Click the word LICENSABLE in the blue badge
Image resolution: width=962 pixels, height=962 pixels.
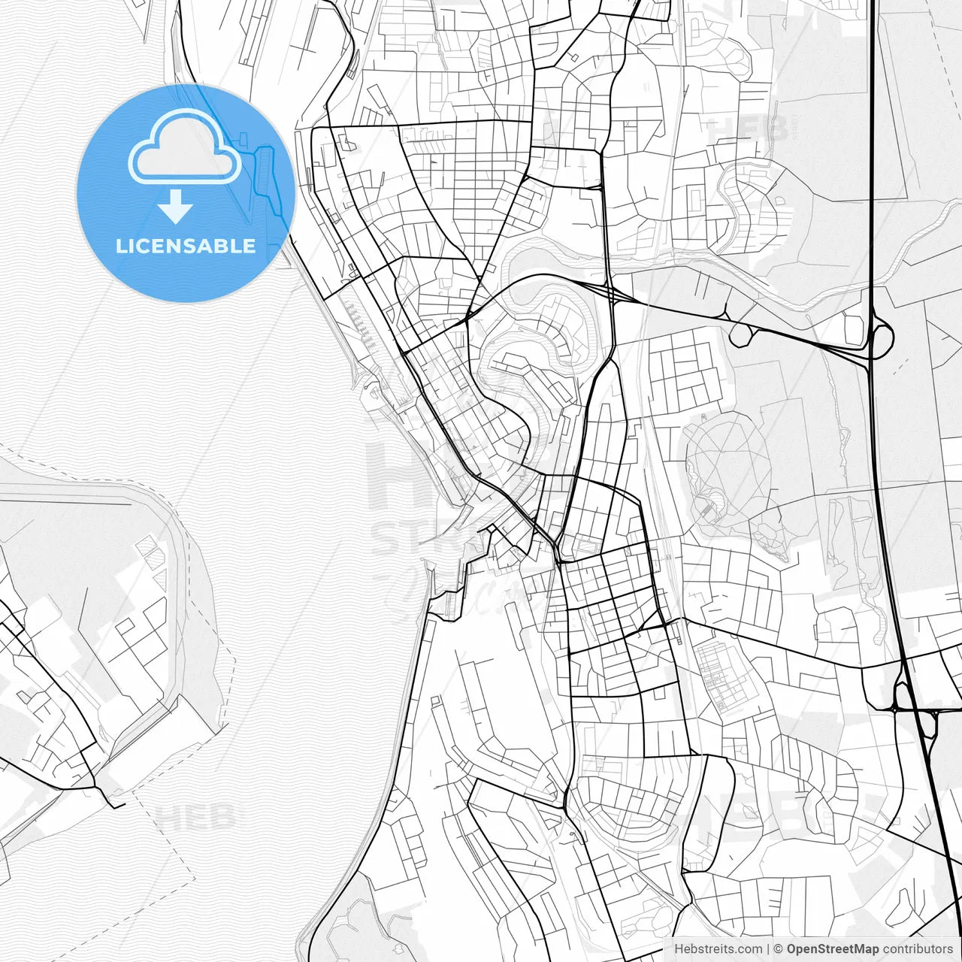coord(186,246)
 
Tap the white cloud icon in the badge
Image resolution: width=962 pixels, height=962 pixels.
coord(185,147)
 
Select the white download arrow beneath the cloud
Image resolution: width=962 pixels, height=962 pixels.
coord(176,207)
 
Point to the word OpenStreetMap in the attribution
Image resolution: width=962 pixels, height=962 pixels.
coord(833,949)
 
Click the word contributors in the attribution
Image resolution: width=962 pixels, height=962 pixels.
coord(917,949)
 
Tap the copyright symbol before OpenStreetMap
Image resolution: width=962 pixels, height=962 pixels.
coord(779,949)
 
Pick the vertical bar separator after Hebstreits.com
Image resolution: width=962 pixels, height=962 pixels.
coord(768,949)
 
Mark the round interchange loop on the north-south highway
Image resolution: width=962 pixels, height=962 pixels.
coord(881,337)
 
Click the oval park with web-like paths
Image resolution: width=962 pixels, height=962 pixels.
coord(723,458)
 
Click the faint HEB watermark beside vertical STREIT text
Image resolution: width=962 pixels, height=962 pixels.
coord(744,128)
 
